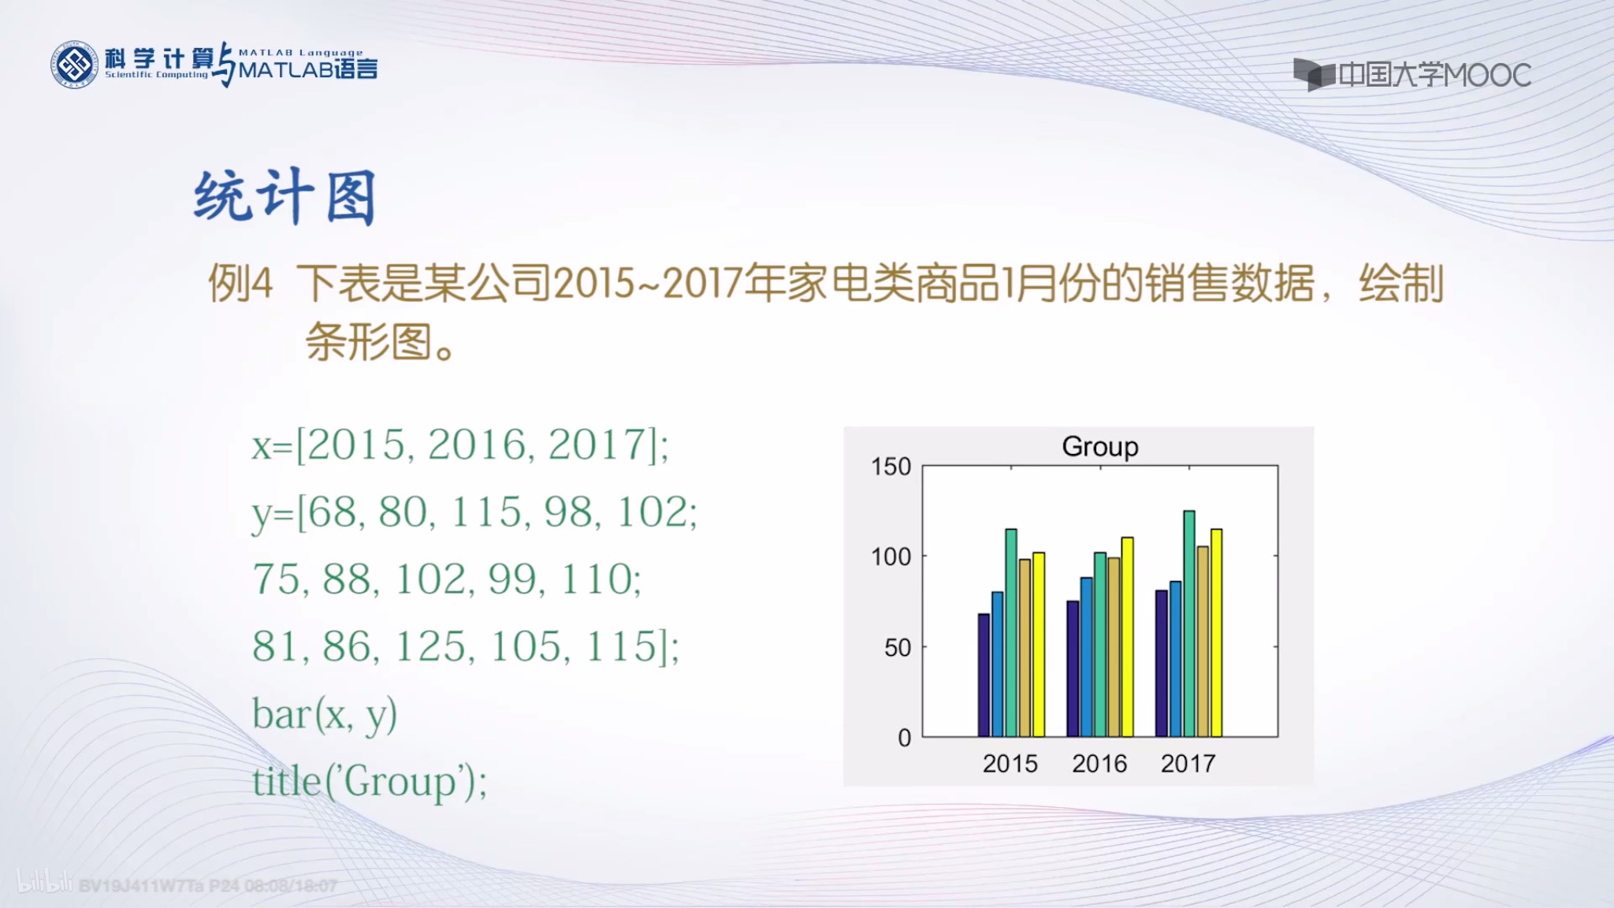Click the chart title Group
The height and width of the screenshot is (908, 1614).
click(1100, 447)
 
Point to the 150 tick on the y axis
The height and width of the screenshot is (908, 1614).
click(891, 467)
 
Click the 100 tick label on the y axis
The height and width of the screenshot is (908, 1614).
click(891, 557)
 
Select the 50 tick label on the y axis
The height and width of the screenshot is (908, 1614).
click(897, 648)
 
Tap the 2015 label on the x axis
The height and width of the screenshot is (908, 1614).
click(1010, 764)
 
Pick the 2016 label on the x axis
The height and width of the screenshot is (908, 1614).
click(1099, 764)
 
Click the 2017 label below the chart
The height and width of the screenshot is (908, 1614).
click(1188, 764)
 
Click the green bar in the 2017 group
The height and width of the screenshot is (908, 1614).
click(1189, 623)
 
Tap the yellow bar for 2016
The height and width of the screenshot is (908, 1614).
click(1128, 637)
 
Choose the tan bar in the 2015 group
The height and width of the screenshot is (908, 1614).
click(1025, 647)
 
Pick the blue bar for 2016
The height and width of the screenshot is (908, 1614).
click(1086, 657)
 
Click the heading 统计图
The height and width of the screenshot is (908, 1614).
click(284, 197)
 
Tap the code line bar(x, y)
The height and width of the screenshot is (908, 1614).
click(324, 715)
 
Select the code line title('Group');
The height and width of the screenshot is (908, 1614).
click(369, 782)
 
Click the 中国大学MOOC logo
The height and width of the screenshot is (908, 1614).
click(1411, 75)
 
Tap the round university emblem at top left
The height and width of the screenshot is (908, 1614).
click(74, 65)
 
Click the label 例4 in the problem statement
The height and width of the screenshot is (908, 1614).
click(240, 283)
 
